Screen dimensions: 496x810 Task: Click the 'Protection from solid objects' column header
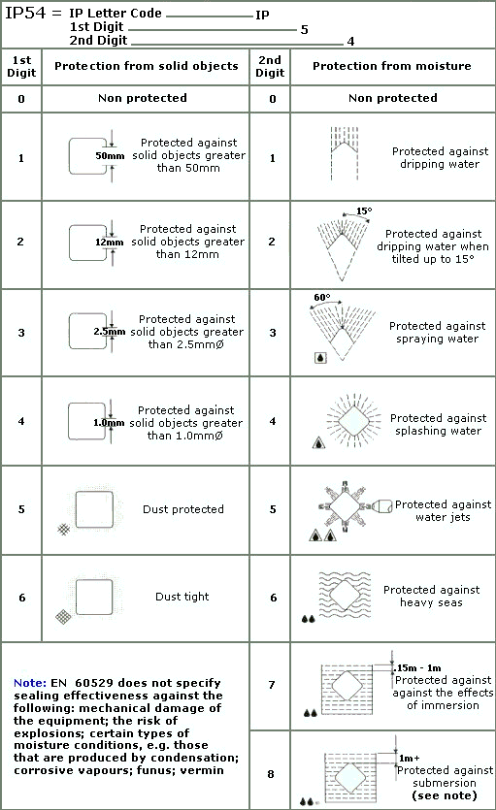147,66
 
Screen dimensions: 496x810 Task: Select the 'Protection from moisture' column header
391,66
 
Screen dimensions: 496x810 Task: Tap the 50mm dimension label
110,155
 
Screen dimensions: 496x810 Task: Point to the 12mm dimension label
109,242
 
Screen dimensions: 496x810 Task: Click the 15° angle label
364,211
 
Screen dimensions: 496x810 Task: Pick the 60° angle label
322,297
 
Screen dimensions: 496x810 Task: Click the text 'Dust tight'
182,597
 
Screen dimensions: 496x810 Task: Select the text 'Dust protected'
182,509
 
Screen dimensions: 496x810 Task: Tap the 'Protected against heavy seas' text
431,597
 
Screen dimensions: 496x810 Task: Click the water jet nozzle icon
382,506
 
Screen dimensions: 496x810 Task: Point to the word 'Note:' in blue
30,683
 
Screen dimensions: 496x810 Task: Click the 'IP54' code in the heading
26,13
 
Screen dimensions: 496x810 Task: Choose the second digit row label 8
271,774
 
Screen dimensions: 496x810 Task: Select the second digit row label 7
271,685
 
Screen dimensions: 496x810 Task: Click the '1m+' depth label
409,758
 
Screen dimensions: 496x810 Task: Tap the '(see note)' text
445,795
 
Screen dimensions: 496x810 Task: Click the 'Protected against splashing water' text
438,424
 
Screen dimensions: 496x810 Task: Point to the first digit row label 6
21,598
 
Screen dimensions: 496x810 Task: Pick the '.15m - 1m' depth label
418,668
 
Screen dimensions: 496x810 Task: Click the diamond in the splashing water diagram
354,420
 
